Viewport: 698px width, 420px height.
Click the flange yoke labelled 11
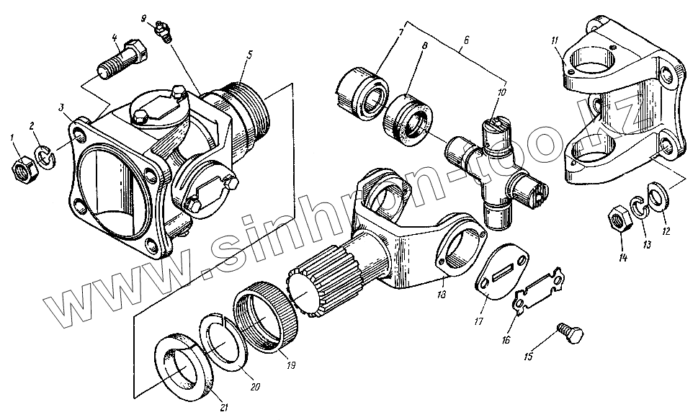point(619,94)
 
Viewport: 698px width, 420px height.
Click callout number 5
point(249,54)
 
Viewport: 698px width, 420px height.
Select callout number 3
point(63,107)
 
